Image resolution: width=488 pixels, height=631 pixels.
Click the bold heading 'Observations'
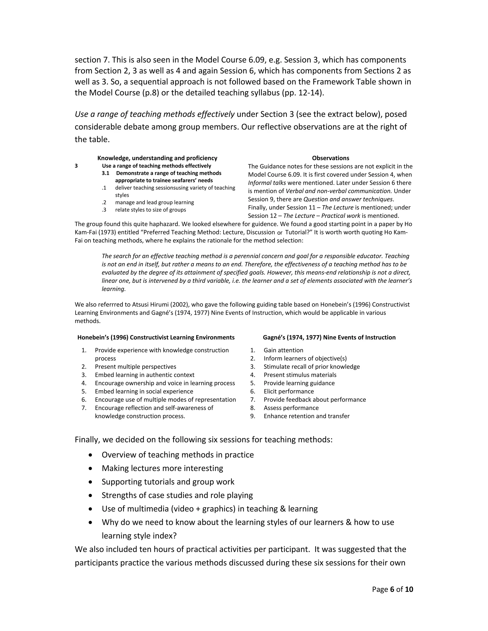click(330, 158)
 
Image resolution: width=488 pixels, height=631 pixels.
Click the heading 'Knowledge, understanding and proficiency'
click(157, 158)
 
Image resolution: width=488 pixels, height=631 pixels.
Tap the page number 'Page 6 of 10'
click(392, 589)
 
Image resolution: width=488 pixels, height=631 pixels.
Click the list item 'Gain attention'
click(283, 350)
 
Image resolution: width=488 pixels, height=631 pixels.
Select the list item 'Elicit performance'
click(289, 391)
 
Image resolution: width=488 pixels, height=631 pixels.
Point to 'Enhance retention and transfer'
click(306, 416)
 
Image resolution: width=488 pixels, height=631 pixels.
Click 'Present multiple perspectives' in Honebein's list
click(135, 367)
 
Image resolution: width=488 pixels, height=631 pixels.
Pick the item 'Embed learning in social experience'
click(144, 391)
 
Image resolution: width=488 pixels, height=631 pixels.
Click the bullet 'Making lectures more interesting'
click(162, 468)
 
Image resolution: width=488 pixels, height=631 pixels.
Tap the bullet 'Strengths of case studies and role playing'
click(177, 495)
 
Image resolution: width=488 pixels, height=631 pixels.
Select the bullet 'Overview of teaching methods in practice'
click(178, 455)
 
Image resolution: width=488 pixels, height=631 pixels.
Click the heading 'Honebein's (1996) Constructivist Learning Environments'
click(156, 337)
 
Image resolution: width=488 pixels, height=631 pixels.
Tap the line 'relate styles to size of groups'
click(150, 210)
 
